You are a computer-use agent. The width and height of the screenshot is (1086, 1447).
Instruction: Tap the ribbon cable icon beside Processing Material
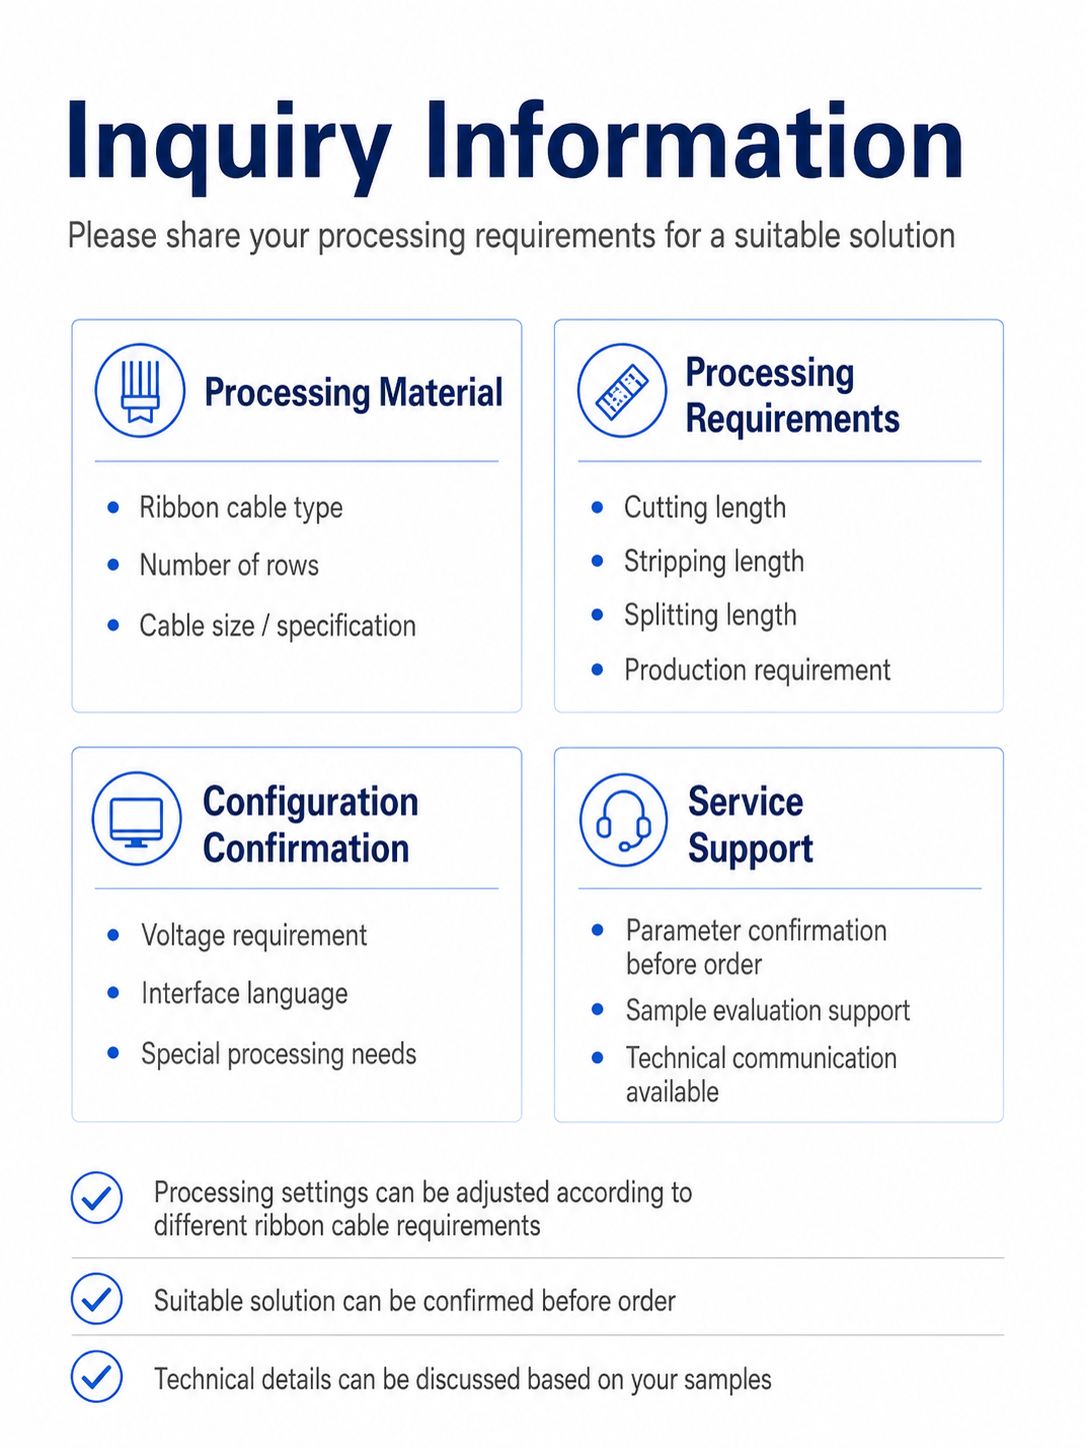click(140, 391)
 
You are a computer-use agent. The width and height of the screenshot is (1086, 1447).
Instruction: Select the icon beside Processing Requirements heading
click(622, 391)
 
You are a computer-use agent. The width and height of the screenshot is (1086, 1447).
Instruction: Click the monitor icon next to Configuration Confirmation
click(136, 818)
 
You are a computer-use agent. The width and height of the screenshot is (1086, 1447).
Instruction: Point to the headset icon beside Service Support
click(623, 819)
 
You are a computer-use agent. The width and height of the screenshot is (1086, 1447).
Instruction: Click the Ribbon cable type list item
click(241, 509)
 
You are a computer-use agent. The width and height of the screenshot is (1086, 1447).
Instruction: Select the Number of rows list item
click(229, 565)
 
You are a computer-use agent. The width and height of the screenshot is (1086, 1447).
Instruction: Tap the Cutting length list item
click(705, 509)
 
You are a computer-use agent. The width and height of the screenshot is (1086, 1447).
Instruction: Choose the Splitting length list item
click(710, 616)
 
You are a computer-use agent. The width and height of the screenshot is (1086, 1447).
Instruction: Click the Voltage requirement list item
click(254, 935)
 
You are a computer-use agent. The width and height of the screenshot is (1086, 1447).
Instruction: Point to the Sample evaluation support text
click(768, 1010)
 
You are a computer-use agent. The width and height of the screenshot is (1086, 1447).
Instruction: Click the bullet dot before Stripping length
click(597, 561)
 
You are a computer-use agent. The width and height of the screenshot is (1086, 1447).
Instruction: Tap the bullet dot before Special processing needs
click(113, 1053)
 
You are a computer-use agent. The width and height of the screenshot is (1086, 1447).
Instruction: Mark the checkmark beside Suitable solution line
click(96, 1299)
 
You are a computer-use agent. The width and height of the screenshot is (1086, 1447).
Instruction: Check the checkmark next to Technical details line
click(96, 1376)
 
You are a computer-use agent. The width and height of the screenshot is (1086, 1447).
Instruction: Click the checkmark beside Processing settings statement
click(96, 1197)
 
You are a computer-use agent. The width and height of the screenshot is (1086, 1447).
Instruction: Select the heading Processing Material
click(353, 393)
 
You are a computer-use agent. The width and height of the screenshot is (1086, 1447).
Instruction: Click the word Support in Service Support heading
click(750, 848)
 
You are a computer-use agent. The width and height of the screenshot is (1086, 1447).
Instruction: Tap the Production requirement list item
click(757, 671)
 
